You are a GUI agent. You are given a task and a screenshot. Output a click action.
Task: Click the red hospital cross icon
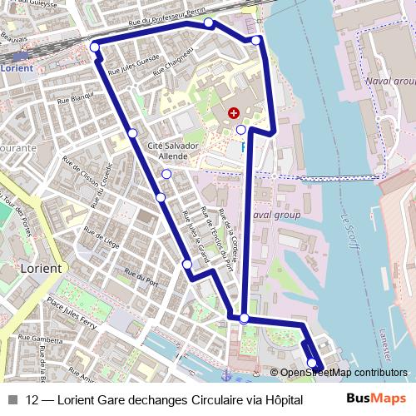233,111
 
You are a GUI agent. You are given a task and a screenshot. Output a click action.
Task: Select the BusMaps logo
376,399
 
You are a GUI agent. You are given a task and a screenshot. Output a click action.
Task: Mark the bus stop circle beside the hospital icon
241,130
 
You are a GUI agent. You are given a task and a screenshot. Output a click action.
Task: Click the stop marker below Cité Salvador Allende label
166,174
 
